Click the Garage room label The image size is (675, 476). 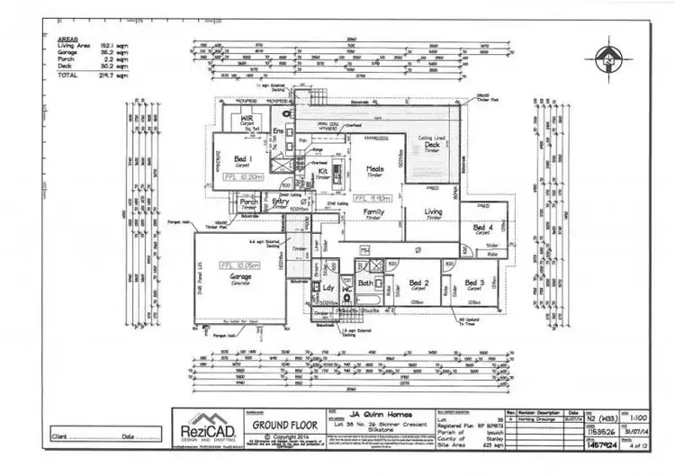pos(238,276)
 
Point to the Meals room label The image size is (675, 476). pos(375,166)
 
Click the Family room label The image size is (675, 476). pos(373,211)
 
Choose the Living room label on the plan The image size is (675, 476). pos(433,211)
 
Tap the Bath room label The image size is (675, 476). pos(364,283)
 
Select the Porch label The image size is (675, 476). pos(249,202)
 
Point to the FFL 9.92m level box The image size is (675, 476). pos(371,197)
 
